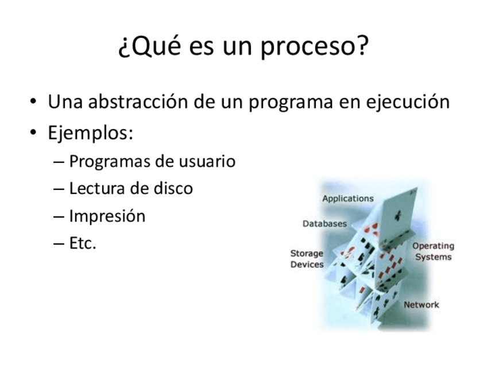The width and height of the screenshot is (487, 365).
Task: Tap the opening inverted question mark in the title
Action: click(123, 48)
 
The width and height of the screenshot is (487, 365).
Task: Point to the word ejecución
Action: click(408, 102)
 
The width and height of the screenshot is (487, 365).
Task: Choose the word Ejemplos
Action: click(90, 133)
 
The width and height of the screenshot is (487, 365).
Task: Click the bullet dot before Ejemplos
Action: click(33, 132)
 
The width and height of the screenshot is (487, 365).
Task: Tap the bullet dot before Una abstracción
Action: click(33, 101)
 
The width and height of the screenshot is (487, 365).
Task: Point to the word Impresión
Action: click(107, 216)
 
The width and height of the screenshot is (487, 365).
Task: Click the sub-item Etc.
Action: click(83, 243)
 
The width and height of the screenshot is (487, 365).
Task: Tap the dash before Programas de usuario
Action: click(59, 162)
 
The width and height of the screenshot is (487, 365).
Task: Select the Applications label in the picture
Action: click(348, 199)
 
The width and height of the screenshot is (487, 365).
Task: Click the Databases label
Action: click(324, 223)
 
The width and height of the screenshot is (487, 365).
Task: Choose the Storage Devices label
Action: click(307, 259)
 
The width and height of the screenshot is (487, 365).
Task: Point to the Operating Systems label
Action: click(433, 251)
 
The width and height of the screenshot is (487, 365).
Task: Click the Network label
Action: click(421, 305)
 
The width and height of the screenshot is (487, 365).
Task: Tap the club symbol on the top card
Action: click(398, 216)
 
